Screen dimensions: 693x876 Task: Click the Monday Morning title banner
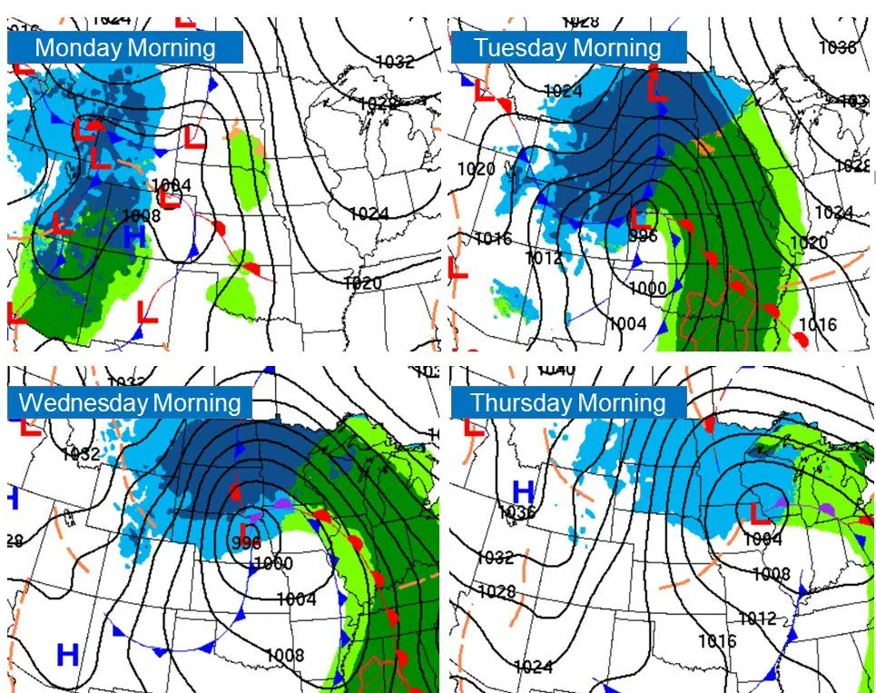(125, 47)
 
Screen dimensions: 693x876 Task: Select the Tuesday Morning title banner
(568, 47)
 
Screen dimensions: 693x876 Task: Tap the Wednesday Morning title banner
(130, 402)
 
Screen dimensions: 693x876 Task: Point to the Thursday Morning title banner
(568, 402)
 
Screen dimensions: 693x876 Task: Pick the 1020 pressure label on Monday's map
(363, 282)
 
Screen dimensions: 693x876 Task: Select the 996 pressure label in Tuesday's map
(643, 235)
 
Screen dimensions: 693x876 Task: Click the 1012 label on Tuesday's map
(543, 258)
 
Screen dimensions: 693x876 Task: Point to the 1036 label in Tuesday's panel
(837, 47)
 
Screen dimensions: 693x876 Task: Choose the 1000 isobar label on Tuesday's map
(648, 288)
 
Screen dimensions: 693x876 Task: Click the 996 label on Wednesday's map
(246, 542)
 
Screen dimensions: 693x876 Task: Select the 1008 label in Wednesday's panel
(285, 655)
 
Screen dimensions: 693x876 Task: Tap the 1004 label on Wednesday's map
(297, 599)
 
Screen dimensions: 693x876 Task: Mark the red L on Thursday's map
(759, 514)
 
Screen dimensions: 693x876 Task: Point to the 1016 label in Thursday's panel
(717, 641)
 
